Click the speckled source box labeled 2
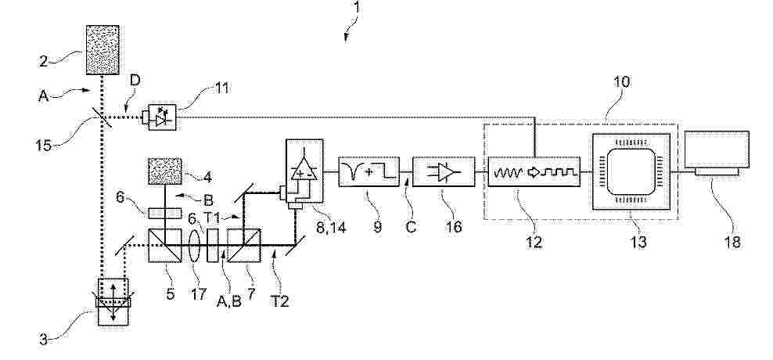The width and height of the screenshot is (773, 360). pos(102,50)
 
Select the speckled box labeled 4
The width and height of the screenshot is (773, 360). pos(165,171)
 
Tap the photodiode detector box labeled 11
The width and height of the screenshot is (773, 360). pos(162,117)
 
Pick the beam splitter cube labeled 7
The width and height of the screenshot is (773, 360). pos(244,245)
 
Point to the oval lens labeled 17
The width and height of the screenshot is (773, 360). pos(196,245)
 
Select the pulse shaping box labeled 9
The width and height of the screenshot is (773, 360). pos(369,171)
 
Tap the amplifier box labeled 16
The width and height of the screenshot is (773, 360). pos(444,171)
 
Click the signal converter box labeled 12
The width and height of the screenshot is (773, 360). pos(534,171)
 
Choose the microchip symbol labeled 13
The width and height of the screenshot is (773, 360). pos(631,171)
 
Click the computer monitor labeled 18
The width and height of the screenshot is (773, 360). pos(717,153)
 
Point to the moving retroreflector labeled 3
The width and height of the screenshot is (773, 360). pos(113,302)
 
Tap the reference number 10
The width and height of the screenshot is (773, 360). pos(622,82)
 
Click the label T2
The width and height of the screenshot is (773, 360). pos(279,301)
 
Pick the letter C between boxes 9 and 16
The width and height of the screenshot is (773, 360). pos(411,226)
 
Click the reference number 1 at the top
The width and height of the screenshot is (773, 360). pos(356,7)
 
